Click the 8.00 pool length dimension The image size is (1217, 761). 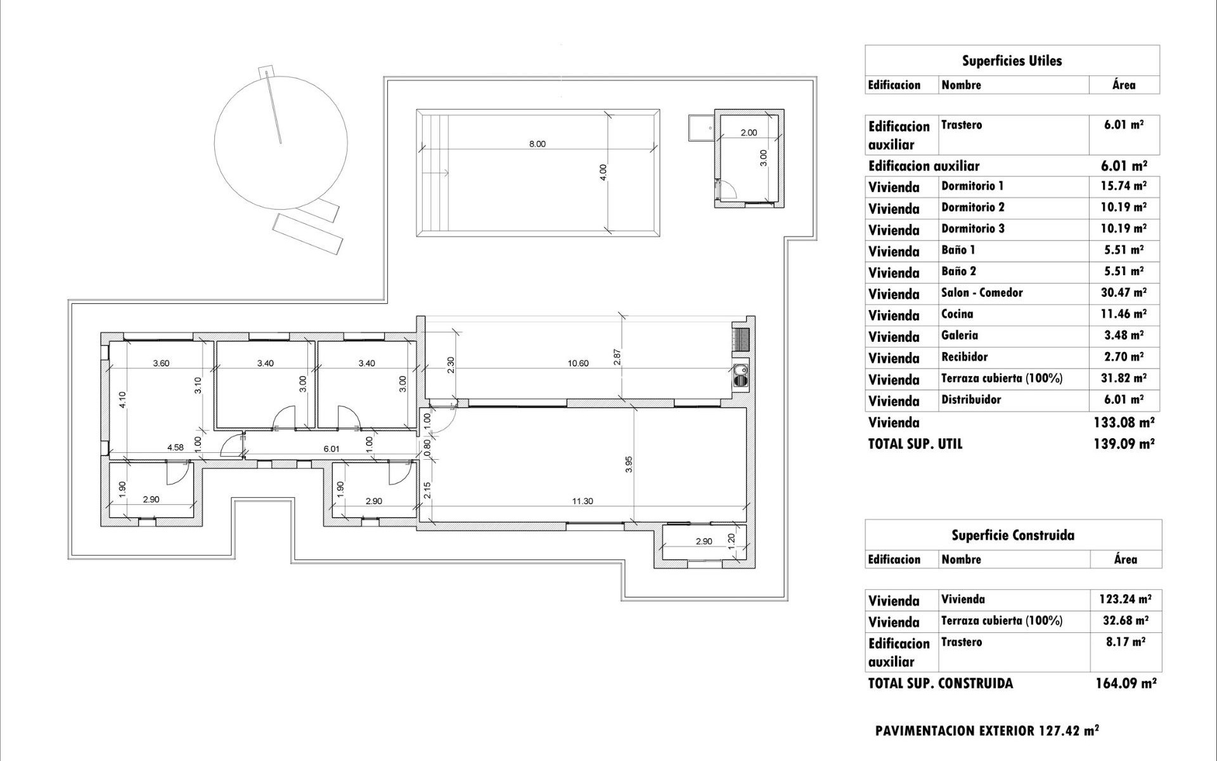point(537,144)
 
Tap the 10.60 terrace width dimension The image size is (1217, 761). point(577,363)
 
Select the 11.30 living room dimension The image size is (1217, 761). point(582,501)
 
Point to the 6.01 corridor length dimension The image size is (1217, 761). point(332,448)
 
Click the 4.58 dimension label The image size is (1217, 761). point(175,447)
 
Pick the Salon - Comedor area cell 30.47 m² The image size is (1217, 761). point(1124,292)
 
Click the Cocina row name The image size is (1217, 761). point(956,314)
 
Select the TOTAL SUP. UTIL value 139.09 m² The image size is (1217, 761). point(1124,444)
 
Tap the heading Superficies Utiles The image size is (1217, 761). point(1012,61)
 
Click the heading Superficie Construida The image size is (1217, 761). point(1012,535)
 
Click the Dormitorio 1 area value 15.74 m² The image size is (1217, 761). point(1124,186)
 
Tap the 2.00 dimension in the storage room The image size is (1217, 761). point(749,133)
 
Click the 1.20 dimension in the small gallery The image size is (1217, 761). point(731,540)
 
